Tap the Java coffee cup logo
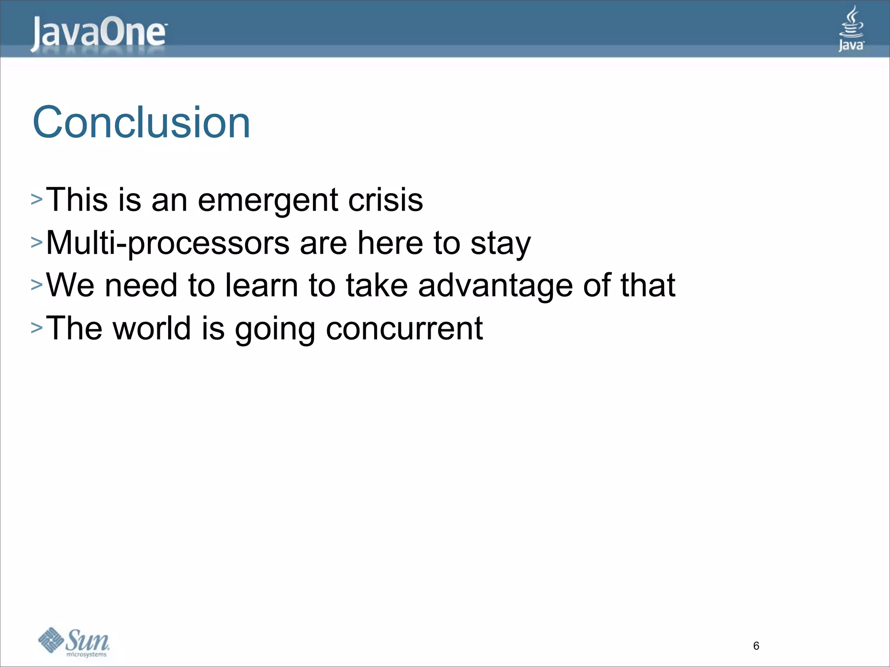pyautogui.click(x=851, y=29)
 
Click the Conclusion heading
pyautogui.click(x=141, y=123)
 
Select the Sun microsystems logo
pyautogui.click(x=74, y=642)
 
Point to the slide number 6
pyautogui.click(x=756, y=646)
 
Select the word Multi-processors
pyautogui.click(x=168, y=243)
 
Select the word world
pyautogui.click(x=152, y=328)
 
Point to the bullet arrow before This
pyautogui.click(x=37, y=200)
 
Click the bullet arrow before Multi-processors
pyautogui.click(x=37, y=242)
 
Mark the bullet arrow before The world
pyautogui.click(x=37, y=328)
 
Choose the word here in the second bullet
pyautogui.click(x=390, y=243)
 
